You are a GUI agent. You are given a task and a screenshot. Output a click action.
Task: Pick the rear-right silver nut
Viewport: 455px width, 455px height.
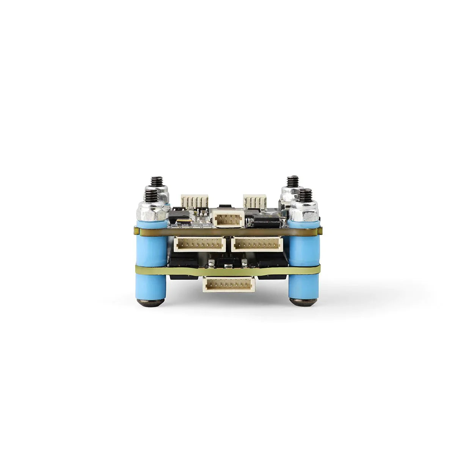tap(289, 195)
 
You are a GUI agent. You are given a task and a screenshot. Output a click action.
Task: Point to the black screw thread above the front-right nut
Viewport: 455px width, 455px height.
tap(306, 196)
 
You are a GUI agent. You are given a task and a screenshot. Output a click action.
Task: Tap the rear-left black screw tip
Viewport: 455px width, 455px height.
tap(156, 181)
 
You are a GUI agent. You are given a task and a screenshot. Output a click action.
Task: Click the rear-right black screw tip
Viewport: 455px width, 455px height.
tap(293, 181)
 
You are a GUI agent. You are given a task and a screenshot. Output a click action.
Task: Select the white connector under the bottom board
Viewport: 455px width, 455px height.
tap(229, 284)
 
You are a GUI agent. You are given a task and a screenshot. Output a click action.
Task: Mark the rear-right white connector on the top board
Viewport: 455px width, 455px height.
tap(255, 201)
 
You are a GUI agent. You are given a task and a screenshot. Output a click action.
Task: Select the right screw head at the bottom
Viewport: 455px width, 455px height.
tap(304, 302)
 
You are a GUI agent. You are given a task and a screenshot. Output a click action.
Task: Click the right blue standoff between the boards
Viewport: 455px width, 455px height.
tap(304, 246)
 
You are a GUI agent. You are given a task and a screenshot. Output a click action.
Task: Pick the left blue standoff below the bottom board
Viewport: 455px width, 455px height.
tap(152, 286)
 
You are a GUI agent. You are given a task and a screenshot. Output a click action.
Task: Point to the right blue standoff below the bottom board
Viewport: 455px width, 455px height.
tap(304, 286)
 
